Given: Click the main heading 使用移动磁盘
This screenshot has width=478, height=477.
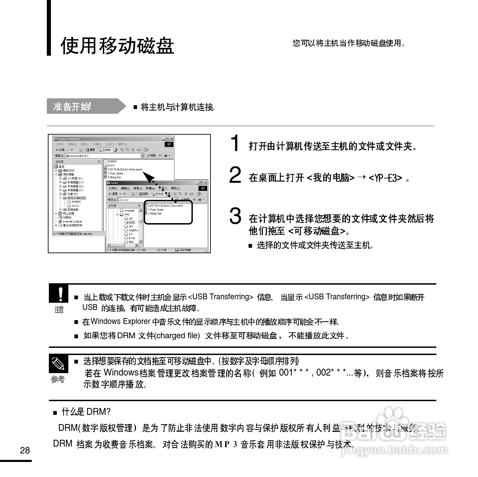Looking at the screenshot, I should click(117, 46).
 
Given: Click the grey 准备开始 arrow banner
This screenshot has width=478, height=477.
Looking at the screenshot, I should click(85, 106).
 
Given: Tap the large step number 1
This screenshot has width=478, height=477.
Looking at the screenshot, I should click(235, 143).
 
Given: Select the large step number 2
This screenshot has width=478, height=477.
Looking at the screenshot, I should click(235, 175).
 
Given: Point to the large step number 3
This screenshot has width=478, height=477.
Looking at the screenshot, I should click(235, 216).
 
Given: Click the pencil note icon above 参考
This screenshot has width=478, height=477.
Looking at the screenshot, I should click(58, 364).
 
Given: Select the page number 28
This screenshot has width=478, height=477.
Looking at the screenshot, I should click(25, 450).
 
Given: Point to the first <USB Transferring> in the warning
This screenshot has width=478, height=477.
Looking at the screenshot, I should click(221, 297).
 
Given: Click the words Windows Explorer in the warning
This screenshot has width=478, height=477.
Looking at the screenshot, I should click(120, 322).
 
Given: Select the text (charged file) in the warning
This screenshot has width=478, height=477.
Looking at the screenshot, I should click(177, 336).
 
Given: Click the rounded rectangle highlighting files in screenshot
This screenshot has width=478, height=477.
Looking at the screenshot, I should click(168, 212).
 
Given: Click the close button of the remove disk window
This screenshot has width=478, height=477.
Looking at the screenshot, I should click(172, 139).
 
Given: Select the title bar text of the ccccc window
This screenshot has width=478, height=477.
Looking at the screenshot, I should click(115, 183).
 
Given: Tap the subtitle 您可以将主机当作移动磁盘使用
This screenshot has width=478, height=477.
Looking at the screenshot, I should click(349, 43).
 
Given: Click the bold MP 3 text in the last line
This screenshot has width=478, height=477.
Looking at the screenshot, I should click(226, 444).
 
